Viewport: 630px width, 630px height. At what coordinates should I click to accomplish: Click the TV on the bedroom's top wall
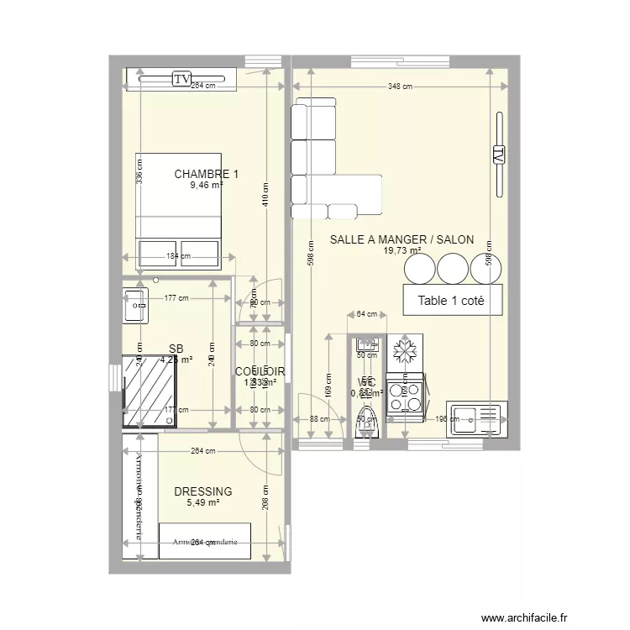181,79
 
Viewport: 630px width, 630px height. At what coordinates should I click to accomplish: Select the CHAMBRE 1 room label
206,175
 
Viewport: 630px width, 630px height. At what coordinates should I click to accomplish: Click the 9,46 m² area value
206,186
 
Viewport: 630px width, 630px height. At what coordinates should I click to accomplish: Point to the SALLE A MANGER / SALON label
402,239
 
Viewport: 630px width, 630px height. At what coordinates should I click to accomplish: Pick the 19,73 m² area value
402,250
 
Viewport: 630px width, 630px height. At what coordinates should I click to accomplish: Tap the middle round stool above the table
453,270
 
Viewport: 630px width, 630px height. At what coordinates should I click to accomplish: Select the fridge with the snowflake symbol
405,352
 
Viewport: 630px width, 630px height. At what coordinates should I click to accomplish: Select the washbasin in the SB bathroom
134,306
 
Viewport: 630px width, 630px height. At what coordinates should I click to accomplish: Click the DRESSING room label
202,491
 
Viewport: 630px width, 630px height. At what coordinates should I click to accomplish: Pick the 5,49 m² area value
202,502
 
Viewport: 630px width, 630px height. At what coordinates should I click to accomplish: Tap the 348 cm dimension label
400,87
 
